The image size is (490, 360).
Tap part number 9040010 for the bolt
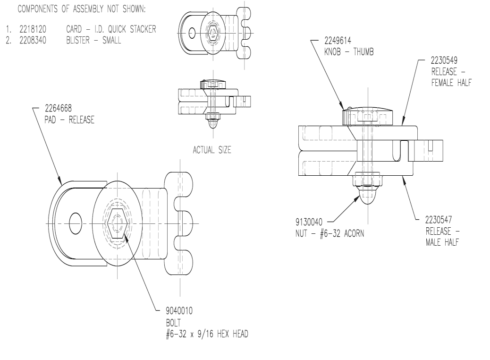coord(175,311)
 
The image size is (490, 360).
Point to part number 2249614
coord(342,42)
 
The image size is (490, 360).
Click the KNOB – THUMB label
coord(350,52)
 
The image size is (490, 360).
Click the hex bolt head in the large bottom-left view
coord(116,223)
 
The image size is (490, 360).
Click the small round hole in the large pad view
coord(76,220)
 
